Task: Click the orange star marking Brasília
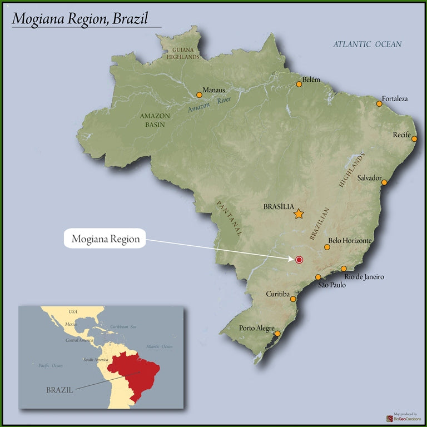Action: pyautogui.click(x=299, y=213)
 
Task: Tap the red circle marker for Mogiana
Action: pyautogui.click(x=299, y=260)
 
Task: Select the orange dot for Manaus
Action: pyautogui.click(x=199, y=95)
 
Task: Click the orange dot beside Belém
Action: pyautogui.click(x=299, y=85)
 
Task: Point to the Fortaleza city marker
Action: pyautogui.click(x=379, y=104)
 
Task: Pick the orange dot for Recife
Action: pyautogui.click(x=414, y=139)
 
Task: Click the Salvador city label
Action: pyautogui.click(x=369, y=178)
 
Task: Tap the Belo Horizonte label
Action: pyautogui.click(x=350, y=241)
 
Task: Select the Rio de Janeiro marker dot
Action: pyautogui.click(x=344, y=269)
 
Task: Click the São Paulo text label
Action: pyautogui.click(x=332, y=285)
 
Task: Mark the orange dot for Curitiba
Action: pyautogui.click(x=293, y=299)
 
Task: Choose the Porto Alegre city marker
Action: pyautogui.click(x=277, y=334)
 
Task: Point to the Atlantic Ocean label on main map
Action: pyautogui.click(x=367, y=44)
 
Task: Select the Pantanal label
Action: pyautogui.click(x=229, y=219)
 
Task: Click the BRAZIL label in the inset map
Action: pyautogui.click(x=59, y=390)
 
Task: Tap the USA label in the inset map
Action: pyautogui.click(x=73, y=312)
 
